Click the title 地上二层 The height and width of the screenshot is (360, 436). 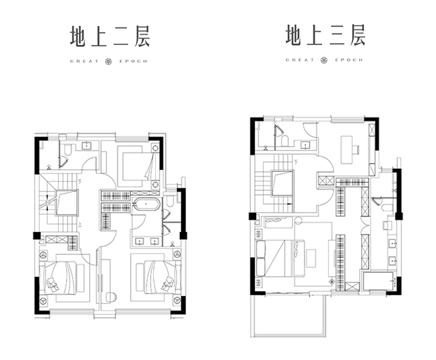coord(110,36)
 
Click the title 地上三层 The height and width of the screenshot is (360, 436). coord(326,35)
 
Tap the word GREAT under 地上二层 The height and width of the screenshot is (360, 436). coord(84,61)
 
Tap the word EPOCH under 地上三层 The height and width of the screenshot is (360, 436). coord(349,60)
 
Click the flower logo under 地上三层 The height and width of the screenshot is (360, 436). coord(324,60)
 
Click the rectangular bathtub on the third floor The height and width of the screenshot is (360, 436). coord(379,281)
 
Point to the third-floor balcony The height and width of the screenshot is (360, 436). coord(288,315)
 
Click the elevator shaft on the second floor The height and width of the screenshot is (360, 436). coord(67,203)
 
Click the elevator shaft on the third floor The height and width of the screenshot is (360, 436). coord(283,183)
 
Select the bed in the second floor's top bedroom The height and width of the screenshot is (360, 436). coord(135,166)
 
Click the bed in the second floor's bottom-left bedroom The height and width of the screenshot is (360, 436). coord(61,277)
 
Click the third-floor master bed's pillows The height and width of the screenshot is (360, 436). coord(261,258)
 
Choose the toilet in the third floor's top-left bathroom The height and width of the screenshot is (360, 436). coord(285,141)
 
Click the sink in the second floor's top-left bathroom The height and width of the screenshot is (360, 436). coord(87,145)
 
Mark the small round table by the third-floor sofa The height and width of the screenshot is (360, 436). coord(298,221)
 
